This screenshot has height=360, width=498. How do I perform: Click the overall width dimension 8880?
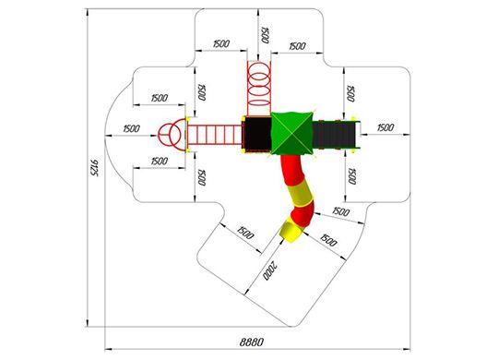tap(251, 342)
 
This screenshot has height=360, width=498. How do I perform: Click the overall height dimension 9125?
tap(94, 168)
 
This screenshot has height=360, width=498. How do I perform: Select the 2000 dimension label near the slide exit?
tap(270, 270)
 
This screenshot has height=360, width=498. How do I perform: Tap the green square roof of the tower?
tap(291, 133)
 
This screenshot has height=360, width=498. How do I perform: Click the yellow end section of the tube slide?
tap(290, 232)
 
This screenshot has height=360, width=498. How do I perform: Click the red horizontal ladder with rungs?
tap(214, 135)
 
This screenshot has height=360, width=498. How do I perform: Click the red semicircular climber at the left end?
tap(172, 134)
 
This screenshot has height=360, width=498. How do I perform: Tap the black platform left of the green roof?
tap(257, 134)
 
